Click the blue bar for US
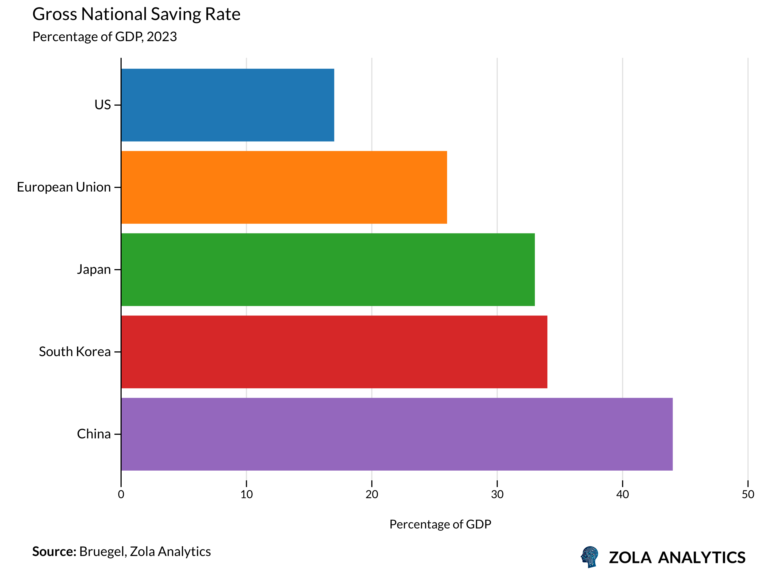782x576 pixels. click(227, 105)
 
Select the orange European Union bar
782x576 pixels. click(284, 187)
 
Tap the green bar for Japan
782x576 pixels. click(327, 270)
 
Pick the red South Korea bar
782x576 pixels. click(334, 352)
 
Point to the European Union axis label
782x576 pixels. click(64, 187)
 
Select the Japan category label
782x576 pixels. click(94, 270)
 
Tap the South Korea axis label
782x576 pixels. click(74, 352)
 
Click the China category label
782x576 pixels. click(94, 434)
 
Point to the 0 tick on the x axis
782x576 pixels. click(121, 495)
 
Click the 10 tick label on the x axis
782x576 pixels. click(246, 495)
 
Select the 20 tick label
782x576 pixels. click(372, 495)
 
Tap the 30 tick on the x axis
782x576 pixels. click(497, 495)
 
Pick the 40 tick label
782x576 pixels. click(623, 495)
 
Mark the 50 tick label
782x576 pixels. click(748, 495)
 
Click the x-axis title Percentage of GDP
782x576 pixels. click(440, 524)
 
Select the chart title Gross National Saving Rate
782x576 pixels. click(136, 14)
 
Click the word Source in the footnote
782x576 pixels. click(54, 552)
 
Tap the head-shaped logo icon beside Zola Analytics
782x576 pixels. click(589, 557)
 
